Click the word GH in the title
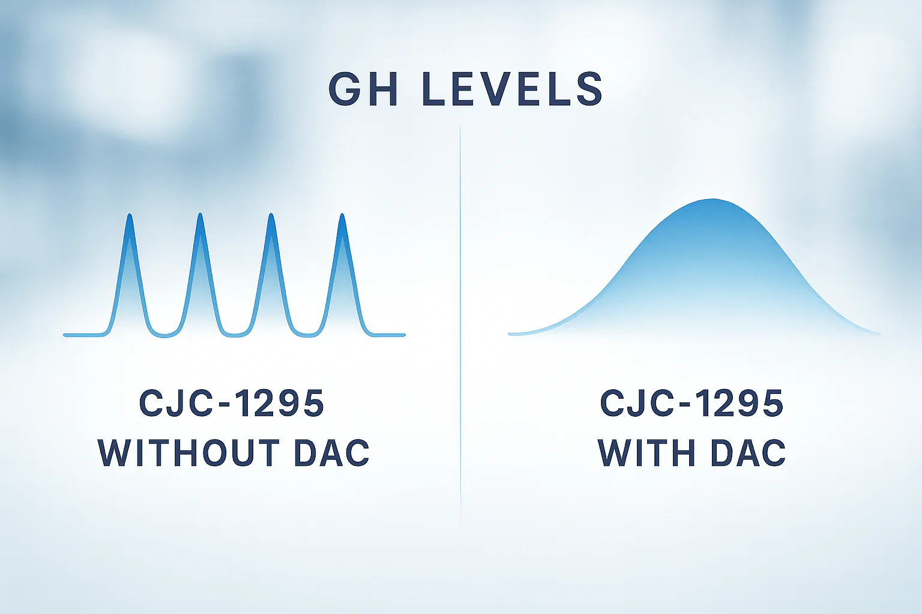coord(363,89)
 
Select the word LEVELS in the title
coord(513,89)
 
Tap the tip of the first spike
coord(130,214)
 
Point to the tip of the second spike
coord(200,214)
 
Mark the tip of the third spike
coord(271,214)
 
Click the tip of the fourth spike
coord(342,214)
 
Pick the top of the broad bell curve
coord(712,200)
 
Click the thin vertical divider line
coord(460,325)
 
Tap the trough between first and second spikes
coord(164,336)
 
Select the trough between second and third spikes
coord(235,336)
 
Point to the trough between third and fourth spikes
coord(306,336)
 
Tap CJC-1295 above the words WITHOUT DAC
coord(232,403)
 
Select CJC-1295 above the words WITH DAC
coord(692,403)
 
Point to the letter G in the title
coord(344,89)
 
